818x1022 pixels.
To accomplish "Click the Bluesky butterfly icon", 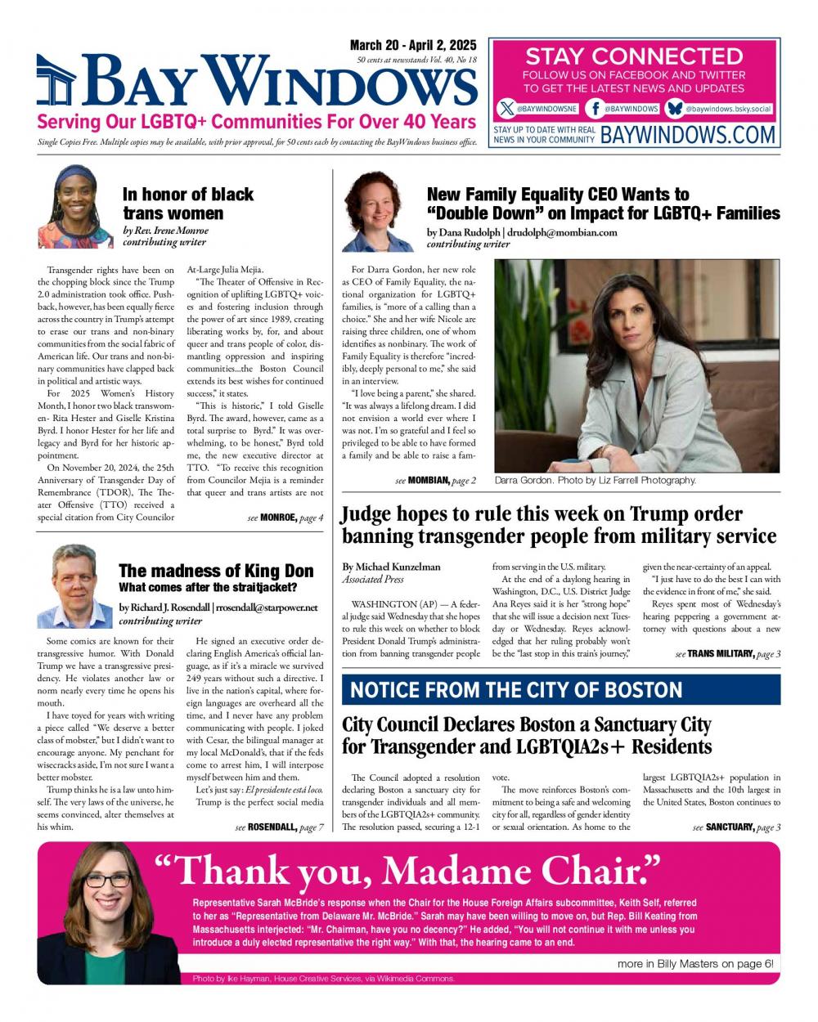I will click(675, 109).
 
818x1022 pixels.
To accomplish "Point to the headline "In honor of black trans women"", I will click(188, 204).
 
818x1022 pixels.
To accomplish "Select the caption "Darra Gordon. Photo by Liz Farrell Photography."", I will click(595, 481).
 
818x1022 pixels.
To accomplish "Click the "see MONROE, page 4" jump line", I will click(285, 518).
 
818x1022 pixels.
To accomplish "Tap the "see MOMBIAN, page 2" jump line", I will click(435, 481).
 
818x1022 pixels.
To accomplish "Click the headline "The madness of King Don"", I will click(216, 571).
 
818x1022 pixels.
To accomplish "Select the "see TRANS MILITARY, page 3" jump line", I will click(727, 654).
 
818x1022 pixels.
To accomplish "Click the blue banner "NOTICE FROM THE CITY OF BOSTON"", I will click(560, 689).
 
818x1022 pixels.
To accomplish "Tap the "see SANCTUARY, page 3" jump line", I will click(735, 827).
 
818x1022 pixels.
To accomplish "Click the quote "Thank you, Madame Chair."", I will click(407, 872).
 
